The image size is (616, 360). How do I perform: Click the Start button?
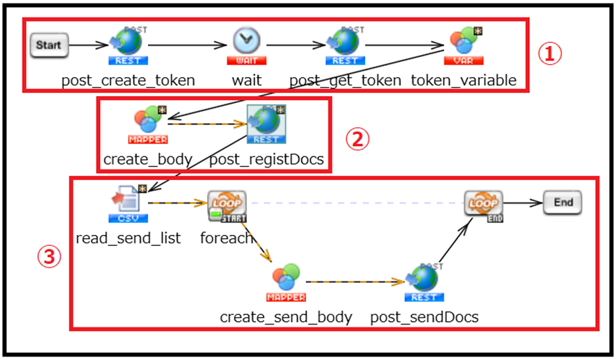(x=49, y=46)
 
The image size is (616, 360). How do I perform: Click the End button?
(x=562, y=203)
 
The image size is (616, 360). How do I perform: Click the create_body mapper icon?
(x=148, y=123)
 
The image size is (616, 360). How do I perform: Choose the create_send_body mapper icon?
(x=286, y=281)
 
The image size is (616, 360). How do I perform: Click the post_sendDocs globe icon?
(x=424, y=281)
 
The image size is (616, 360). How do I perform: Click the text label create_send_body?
(x=286, y=317)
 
